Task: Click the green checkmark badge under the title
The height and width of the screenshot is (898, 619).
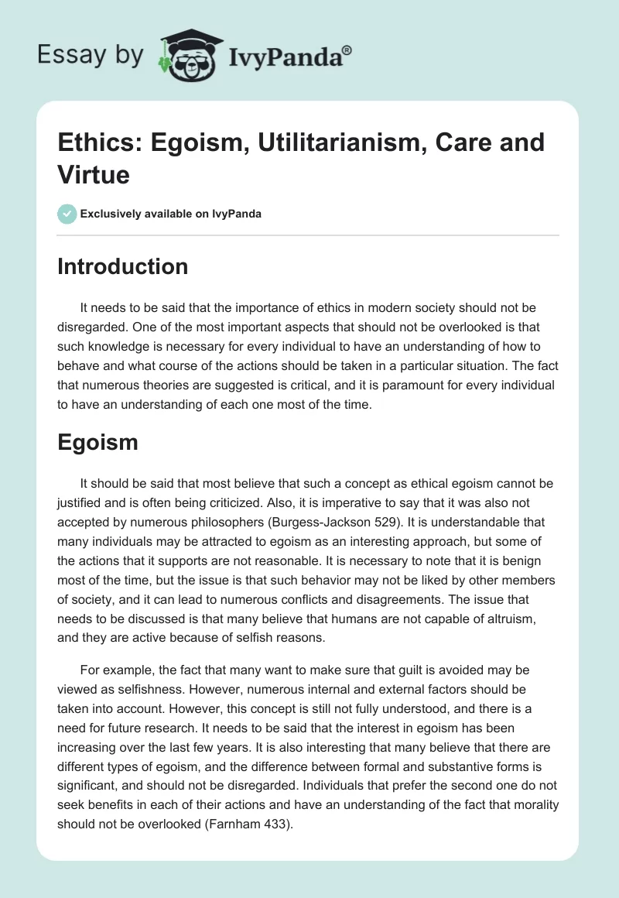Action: tap(67, 214)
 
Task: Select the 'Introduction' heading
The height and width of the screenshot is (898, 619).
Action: tap(122, 266)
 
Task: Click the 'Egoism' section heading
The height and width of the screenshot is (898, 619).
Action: tap(97, 442)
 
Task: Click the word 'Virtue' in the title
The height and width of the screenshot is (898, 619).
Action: tap(93, 174)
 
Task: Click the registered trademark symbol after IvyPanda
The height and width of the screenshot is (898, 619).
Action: tap(347, 49)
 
